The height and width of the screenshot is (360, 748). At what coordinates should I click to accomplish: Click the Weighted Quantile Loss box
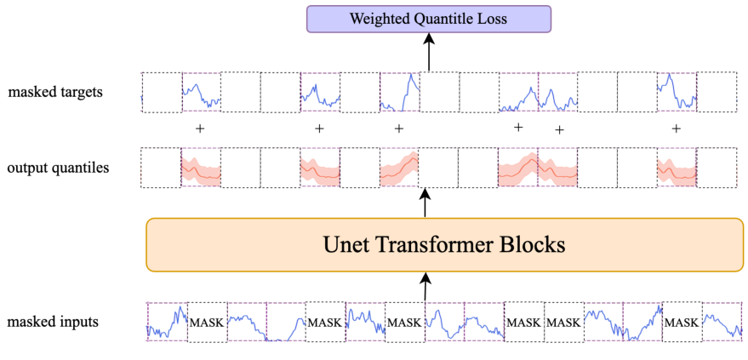[x=429, y=18]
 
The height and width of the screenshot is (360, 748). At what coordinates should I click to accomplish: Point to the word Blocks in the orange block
[x=534, y=245]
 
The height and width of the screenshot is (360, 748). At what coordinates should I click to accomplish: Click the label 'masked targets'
[x=55, y=91]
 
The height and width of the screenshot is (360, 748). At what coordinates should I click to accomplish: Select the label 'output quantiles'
[x=58, y=168]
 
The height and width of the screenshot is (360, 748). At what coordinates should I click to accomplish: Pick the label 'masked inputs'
[x=52, y=322]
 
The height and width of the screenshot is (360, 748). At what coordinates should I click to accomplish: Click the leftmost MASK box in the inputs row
[x=207, y=323]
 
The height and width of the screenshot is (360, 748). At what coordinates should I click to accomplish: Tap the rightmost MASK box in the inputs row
[x=682, y=323]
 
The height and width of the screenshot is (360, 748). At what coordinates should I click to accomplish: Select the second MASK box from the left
[x=325, y=323]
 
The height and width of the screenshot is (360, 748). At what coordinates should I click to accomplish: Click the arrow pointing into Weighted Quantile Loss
[x=429, y=52]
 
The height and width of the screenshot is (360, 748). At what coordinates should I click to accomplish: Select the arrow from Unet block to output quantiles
[x=425, y=205]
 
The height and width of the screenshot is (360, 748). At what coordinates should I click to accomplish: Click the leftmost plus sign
[x=200, y=129]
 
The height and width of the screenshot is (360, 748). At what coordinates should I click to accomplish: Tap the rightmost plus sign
[x=677, y=129]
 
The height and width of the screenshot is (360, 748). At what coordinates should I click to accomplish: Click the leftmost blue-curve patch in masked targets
[x=201, y=92]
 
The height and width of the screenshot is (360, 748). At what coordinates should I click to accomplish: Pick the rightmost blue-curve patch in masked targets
[x=677, y=92]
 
